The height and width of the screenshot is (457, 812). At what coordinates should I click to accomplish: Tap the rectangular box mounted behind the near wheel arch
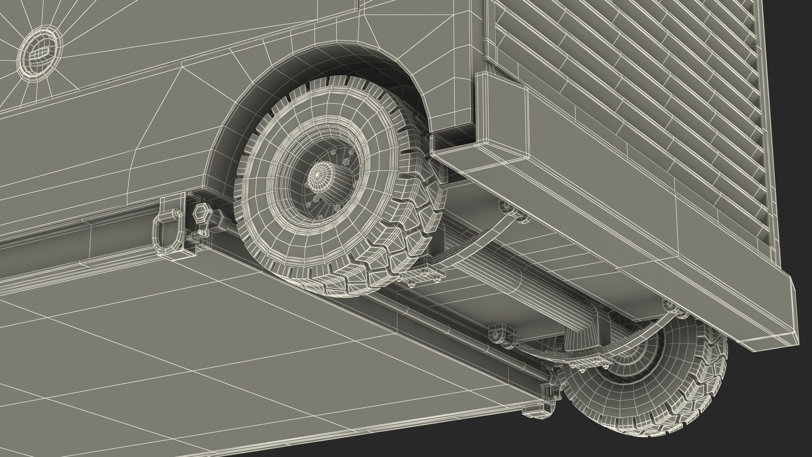tap(501, 106)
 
